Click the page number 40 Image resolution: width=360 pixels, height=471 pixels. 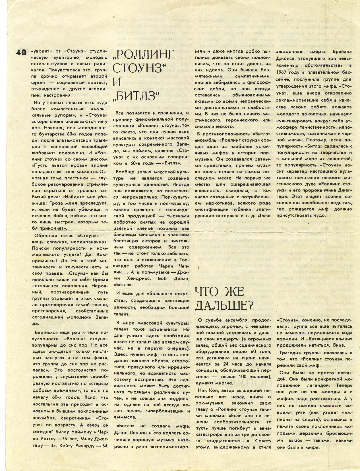[21, 52]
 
